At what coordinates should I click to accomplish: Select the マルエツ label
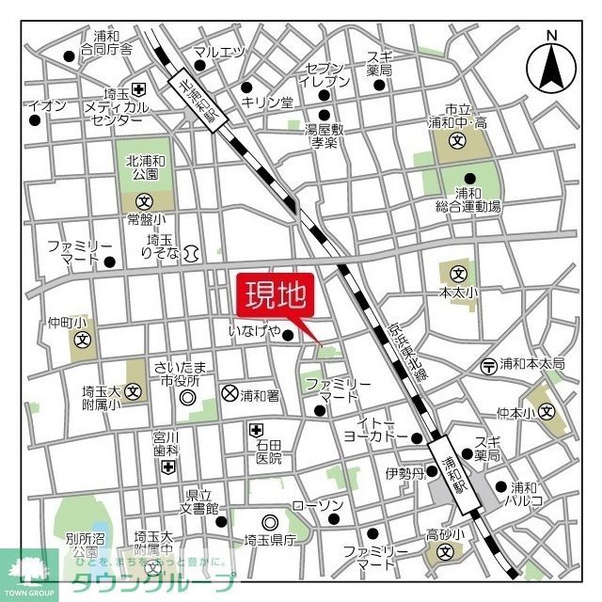tap(218, 52)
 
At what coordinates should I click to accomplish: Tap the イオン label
tap(47, 105)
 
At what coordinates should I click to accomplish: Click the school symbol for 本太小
tap(458, 274)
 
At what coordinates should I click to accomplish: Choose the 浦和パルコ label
tap(527, 495)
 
